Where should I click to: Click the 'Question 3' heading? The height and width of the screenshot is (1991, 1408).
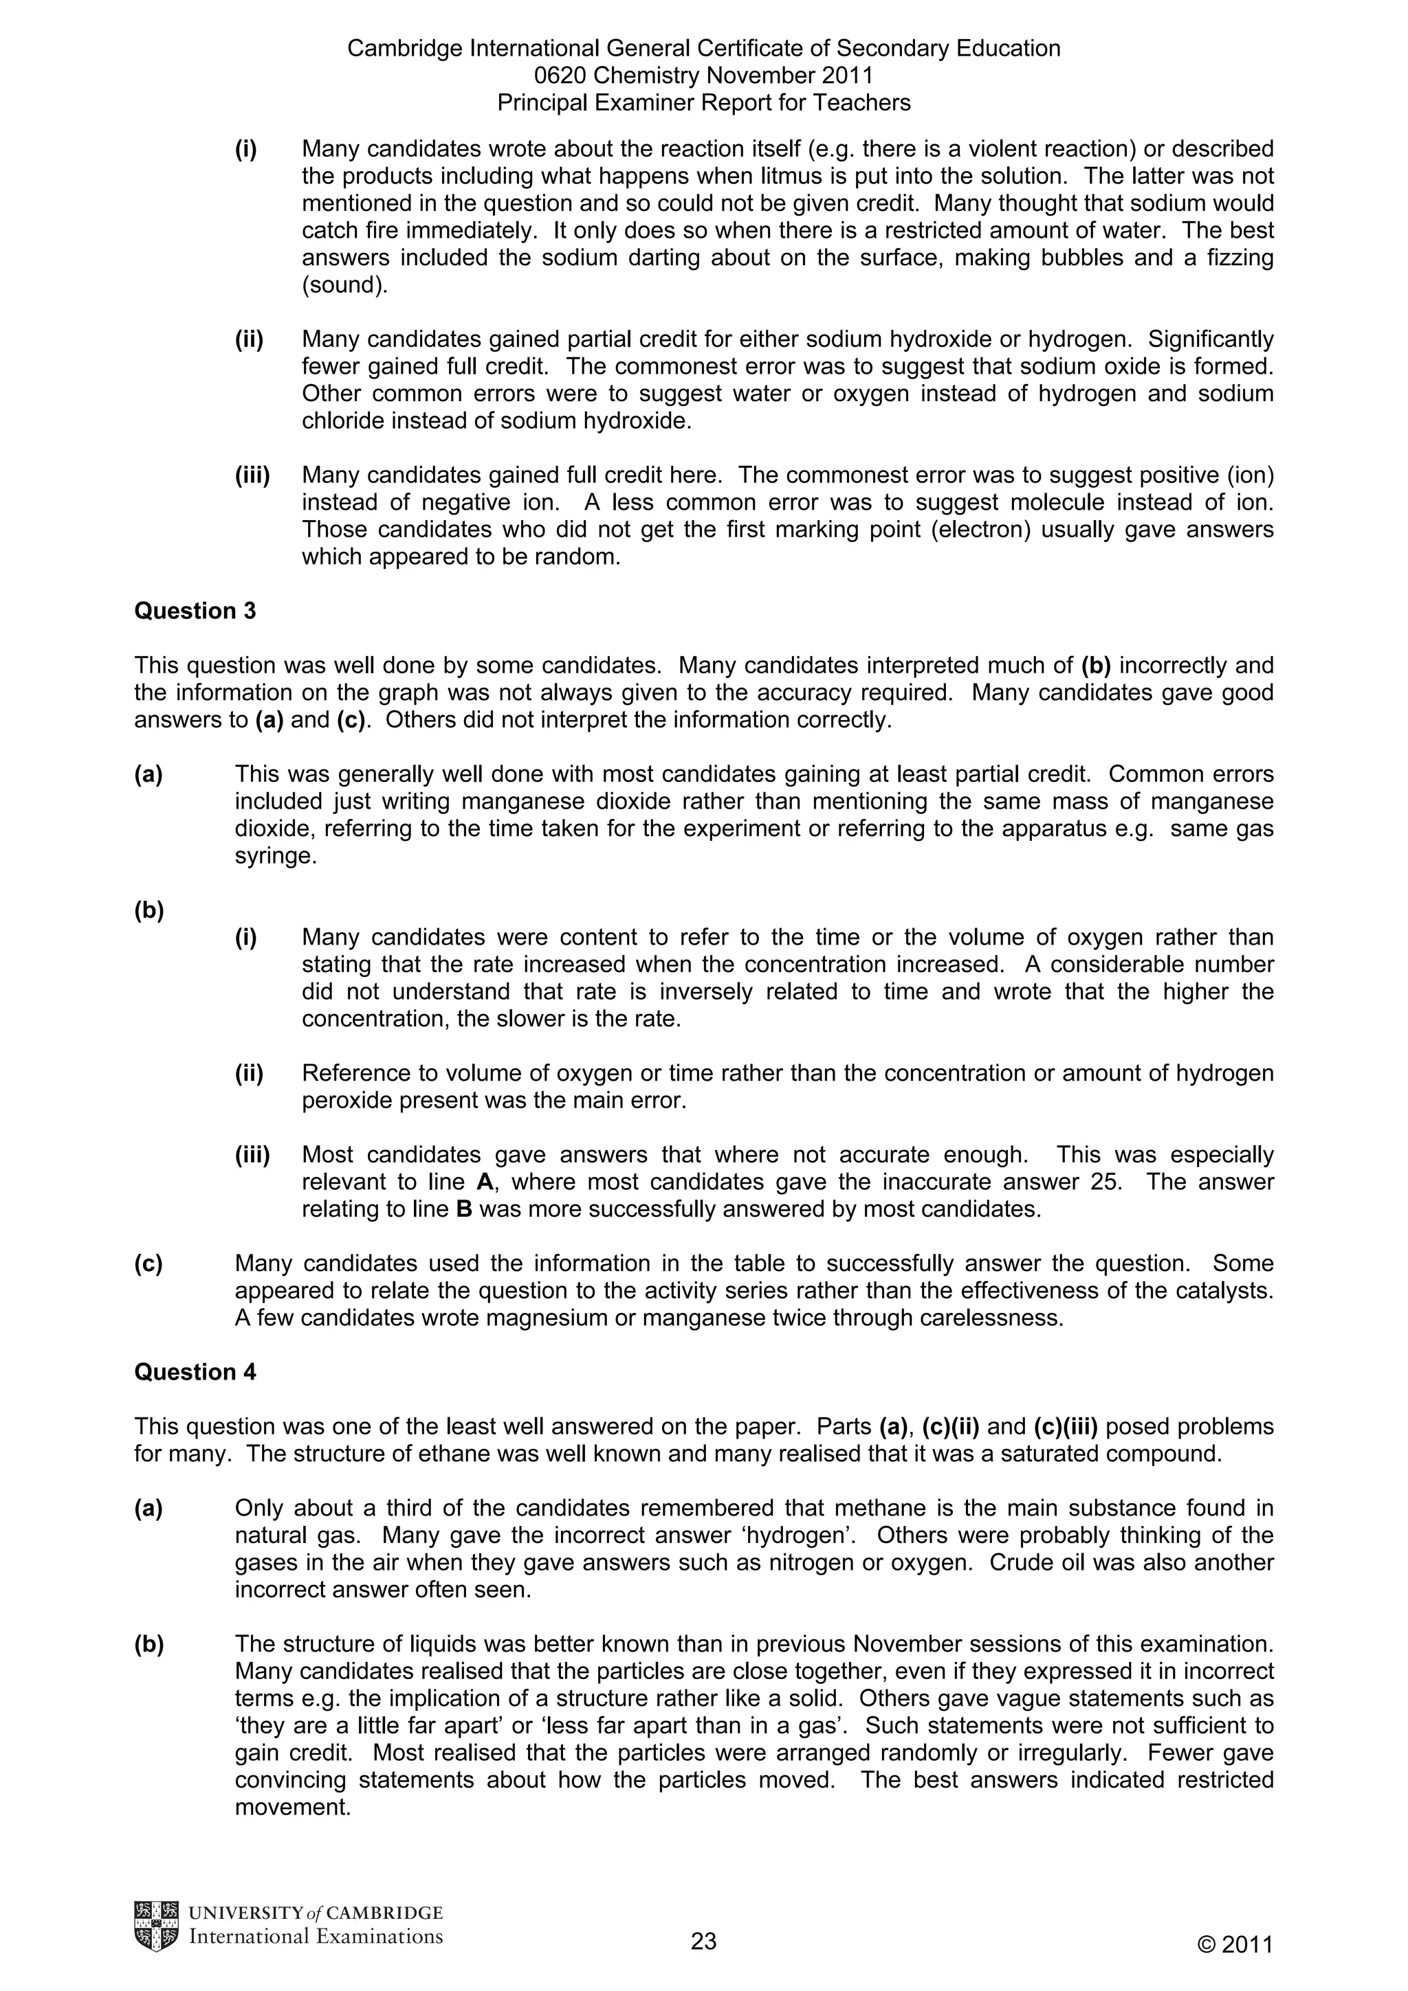[x=195, y=611]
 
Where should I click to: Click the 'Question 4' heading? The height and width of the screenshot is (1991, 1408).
[x=195, y=1372]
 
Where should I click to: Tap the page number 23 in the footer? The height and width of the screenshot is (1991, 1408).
[x=703, y=1942]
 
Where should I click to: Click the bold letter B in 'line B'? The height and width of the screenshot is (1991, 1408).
[x=464, y=1209]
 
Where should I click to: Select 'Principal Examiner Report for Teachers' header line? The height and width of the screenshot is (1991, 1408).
[x=703, y=103]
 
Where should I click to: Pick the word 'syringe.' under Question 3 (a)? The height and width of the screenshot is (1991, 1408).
[x=275, y=856]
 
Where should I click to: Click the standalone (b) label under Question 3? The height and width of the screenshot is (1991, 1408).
[x=148, y=910]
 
